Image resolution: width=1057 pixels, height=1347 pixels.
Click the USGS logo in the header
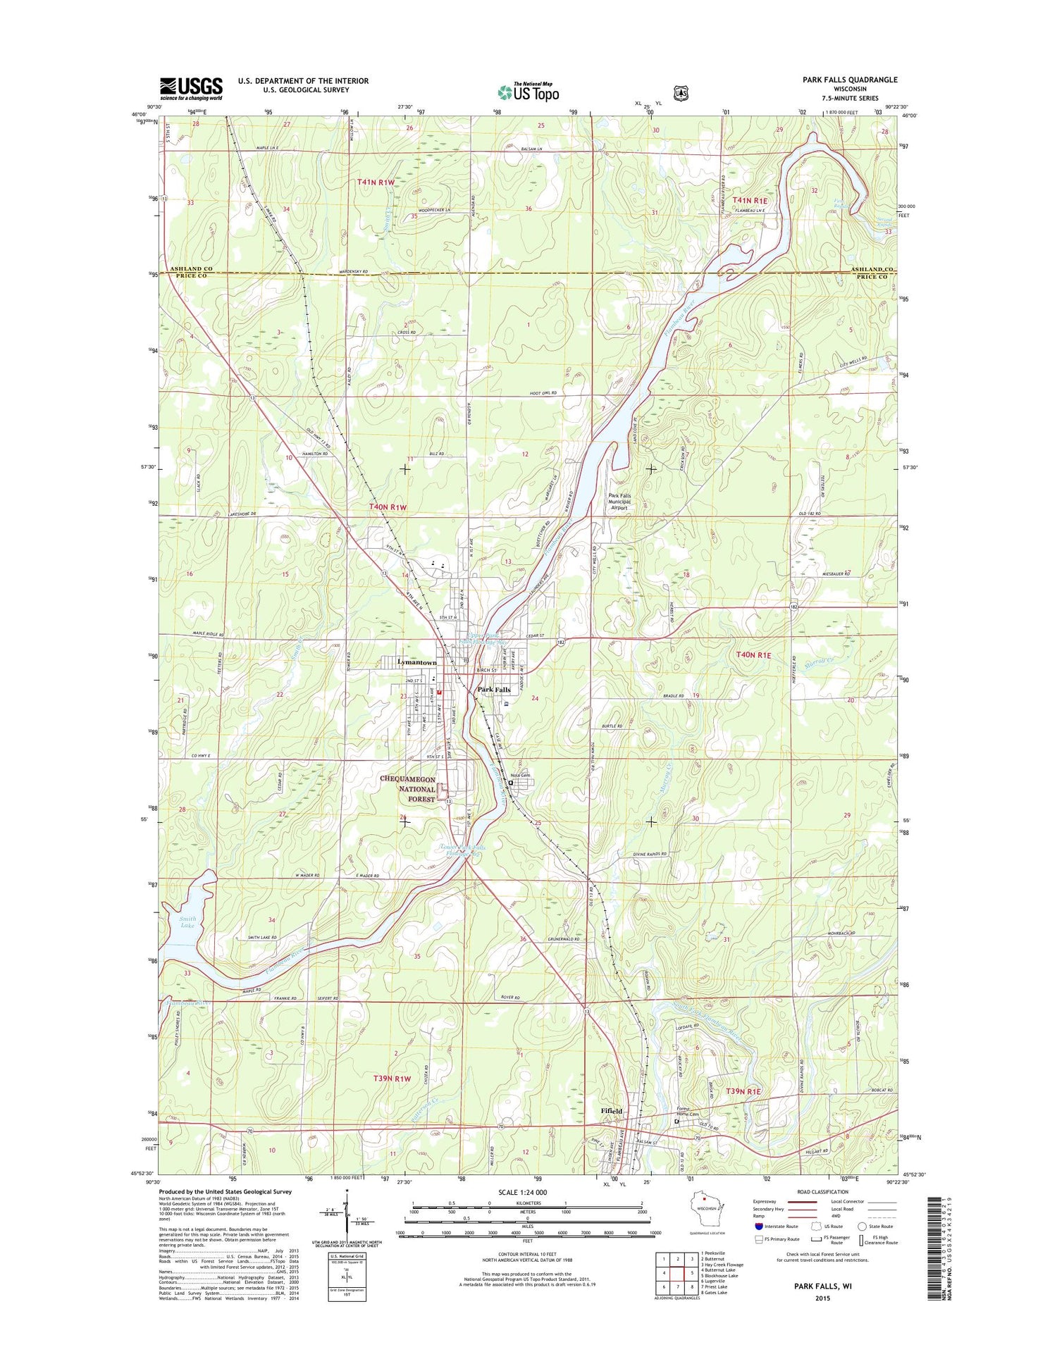click(191, 88)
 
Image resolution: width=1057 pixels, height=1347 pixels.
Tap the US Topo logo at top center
click(528, 92)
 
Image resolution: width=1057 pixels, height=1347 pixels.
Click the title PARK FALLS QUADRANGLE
click(850, 80)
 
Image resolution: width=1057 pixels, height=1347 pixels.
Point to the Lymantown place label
click(416, 662)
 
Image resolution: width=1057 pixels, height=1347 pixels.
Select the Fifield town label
click(611, 1111)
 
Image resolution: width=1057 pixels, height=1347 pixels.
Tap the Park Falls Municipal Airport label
click(619, 501)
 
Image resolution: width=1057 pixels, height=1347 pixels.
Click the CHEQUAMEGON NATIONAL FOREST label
click(409, 789)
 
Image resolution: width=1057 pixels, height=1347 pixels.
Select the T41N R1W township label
click(376, 182)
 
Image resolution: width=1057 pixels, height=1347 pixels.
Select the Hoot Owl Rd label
click(543, 393)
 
